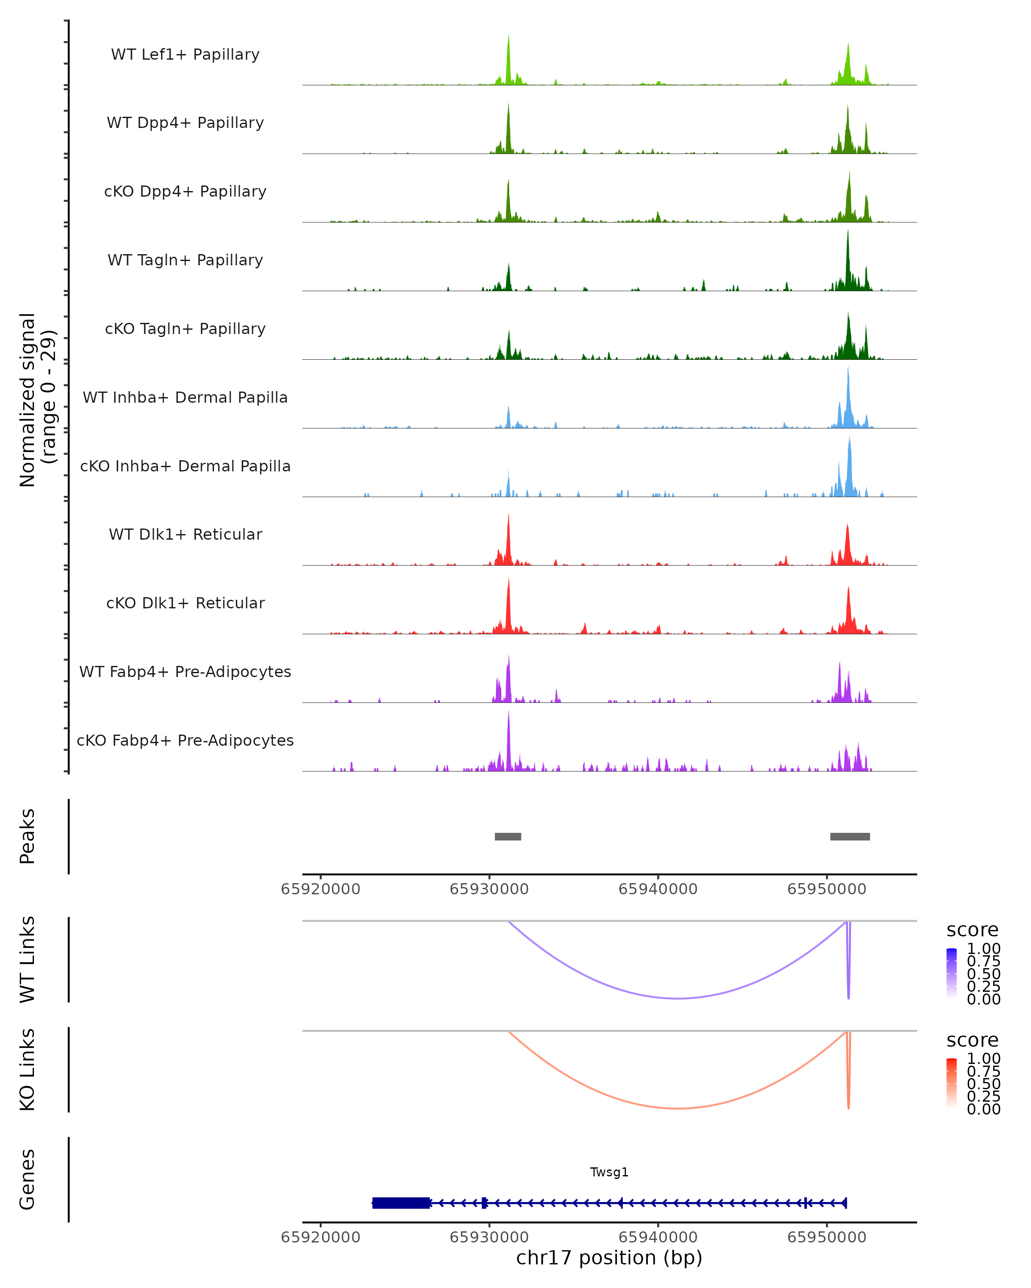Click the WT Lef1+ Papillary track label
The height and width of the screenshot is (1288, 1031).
click(x=185, y=55)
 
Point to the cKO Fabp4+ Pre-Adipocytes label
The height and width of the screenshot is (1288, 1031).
click(x=185, y=740)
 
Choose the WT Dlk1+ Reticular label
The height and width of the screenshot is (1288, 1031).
click(x=185, y=534)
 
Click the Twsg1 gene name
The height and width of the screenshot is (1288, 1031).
click(x=609, y=1172)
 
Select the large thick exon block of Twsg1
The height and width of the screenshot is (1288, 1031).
click(x=400, y=1203)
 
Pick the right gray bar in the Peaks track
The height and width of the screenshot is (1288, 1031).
click(x=849, y=836)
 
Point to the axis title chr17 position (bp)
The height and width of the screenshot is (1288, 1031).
click(x=609, y=1258)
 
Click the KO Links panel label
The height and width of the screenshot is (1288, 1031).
click(x=27, y=1069)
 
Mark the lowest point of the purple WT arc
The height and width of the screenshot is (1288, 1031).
click(x=677, y=998)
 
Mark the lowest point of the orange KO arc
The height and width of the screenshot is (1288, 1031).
click(x=677, y=1108)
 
